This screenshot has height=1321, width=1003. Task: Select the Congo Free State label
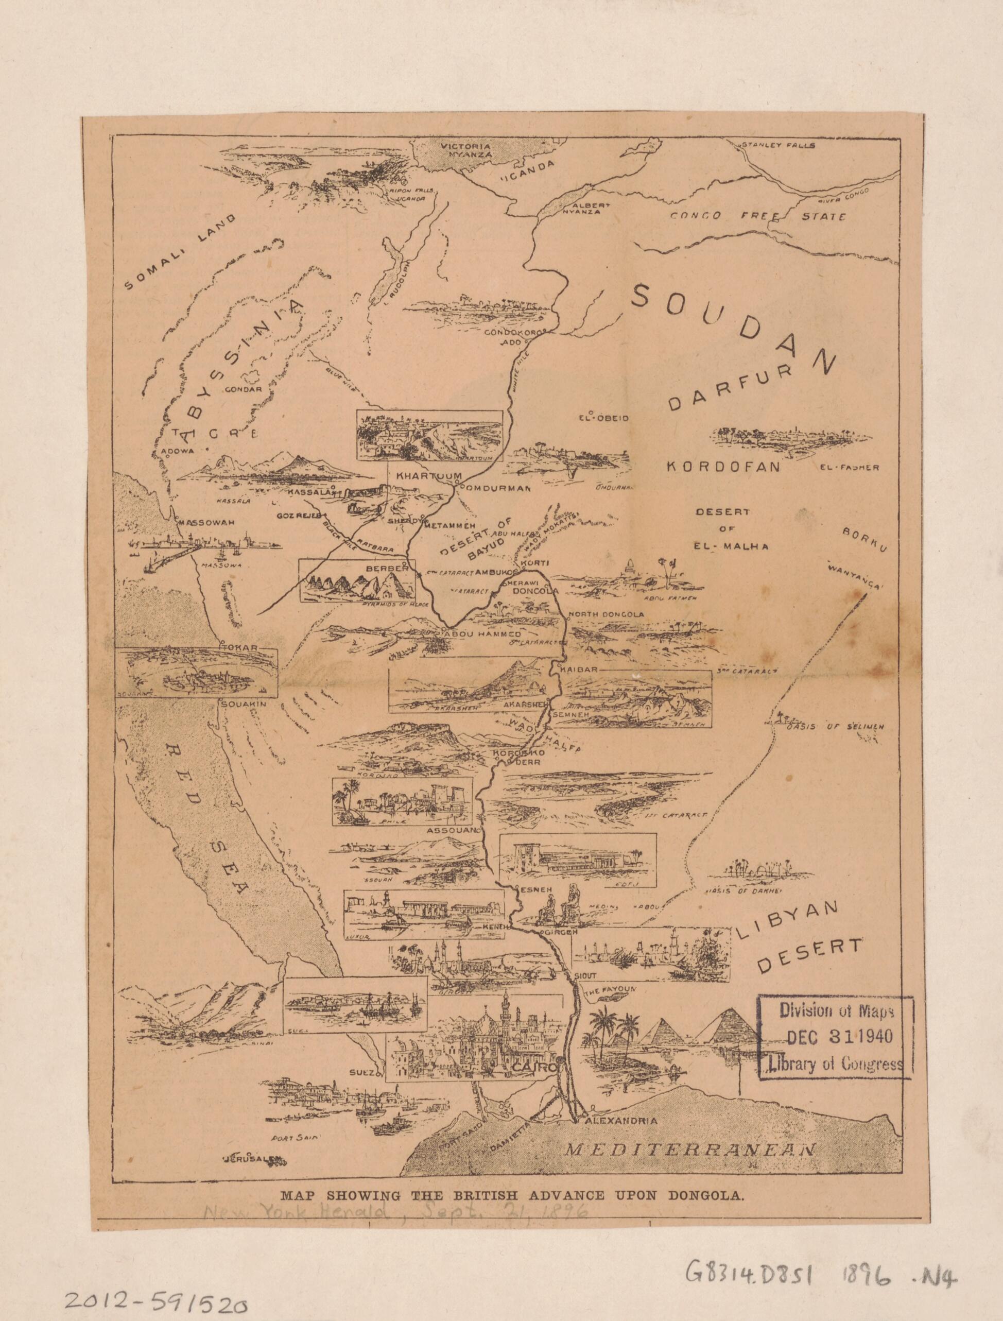pyautogui.click(x=757, y=216)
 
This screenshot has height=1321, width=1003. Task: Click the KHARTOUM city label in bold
pyautogui.click(x=425, y=476)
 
